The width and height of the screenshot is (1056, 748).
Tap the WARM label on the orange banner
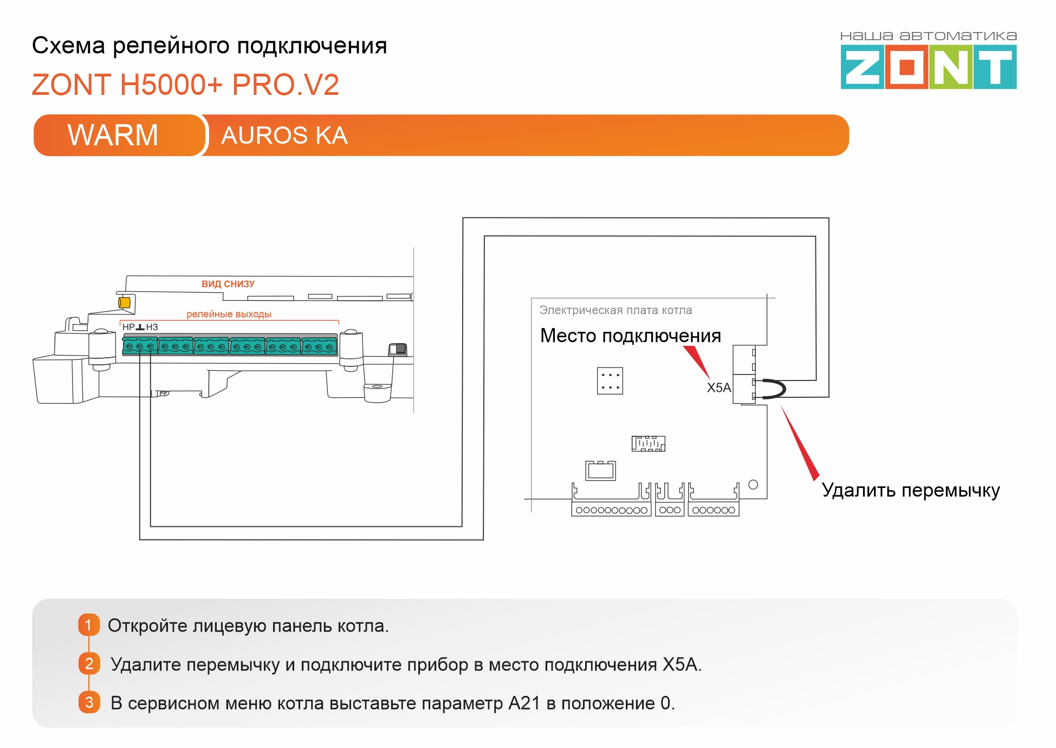(x=113, y=135)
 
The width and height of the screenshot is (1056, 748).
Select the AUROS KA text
(x=284, y=136)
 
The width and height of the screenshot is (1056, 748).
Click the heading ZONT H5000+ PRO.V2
(x=185, y=85)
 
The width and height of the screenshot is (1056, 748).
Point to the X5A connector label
(x=718, y=388)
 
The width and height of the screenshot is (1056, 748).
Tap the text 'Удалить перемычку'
(x=910, y=490)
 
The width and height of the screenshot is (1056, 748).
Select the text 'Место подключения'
(x=631, y=336)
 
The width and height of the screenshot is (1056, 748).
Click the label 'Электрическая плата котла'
(x=616, y=310)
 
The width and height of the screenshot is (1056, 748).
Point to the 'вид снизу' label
(x=228, y=284)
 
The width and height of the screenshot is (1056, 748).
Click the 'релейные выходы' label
(x=229, y=314)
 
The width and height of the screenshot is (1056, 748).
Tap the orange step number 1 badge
(x=89, y=625)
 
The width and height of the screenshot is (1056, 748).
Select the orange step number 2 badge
(x=89, y=663)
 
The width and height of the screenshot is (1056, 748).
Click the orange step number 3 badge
(x=89, y=702)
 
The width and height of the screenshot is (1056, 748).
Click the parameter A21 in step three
(x=524, y=703)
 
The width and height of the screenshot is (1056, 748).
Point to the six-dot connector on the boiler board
(x=610, y=381)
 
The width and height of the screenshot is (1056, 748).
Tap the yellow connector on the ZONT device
(x=124, y=302)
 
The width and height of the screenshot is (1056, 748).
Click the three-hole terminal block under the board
(x=670, y=510)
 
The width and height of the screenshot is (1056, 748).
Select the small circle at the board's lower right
(x=753, y=485)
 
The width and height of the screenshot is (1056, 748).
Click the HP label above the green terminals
(x=128, y=327)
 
